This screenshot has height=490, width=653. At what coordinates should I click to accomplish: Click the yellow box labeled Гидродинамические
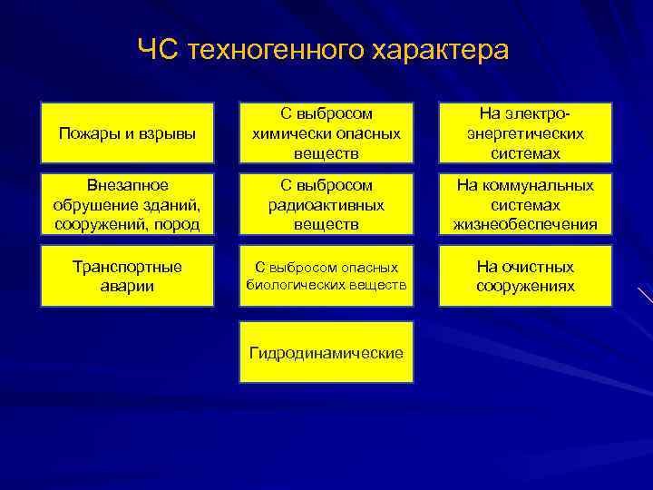tap(326, 351)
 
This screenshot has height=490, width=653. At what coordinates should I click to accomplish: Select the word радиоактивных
tap(326, 205)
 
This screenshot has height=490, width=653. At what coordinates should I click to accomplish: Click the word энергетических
tap(525, 133)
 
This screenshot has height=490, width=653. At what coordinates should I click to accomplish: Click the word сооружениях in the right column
tap(525, 287)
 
